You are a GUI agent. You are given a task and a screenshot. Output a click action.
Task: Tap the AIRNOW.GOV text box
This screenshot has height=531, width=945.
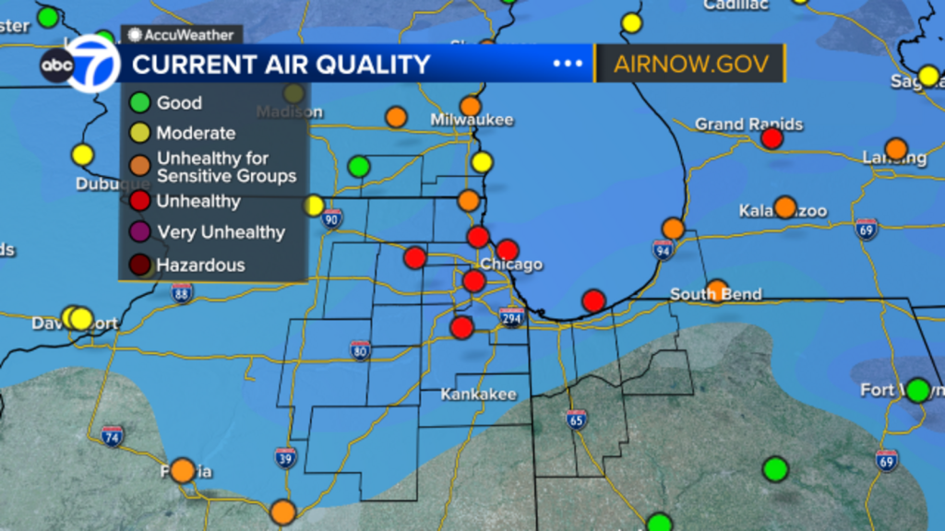click(x=690, y=65)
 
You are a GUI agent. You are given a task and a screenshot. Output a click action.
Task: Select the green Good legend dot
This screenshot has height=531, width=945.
click(x=139, y=103)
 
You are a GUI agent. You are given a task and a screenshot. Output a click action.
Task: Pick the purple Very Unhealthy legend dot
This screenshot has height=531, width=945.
click(x=139, y=232)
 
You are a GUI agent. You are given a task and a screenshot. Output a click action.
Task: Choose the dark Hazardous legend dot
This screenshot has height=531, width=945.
click(x=139, y=265)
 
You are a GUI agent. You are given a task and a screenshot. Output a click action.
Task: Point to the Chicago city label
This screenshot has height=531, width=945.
click(x=511, y=265)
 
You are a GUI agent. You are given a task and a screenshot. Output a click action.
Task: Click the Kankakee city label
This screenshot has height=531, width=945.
click(x=478, y=395)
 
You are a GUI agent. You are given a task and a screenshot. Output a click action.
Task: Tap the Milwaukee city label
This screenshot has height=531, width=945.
click(x=472, y=120)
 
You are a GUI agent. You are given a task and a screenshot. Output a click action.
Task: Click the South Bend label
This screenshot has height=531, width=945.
click(x=716, y=294)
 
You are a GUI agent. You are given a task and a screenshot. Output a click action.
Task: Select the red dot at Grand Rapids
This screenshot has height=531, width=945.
click(x=772, y=138)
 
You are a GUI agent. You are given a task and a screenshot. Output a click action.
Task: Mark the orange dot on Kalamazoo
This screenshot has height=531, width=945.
click(x=784, y=207)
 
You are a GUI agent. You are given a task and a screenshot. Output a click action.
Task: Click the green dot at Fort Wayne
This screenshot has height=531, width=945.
click(x=917, y=390)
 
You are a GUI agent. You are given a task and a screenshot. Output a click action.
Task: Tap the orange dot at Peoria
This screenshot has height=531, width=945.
click(x=183, y=470)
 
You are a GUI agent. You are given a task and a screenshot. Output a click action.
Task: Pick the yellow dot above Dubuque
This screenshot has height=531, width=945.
click(x=83, y=155)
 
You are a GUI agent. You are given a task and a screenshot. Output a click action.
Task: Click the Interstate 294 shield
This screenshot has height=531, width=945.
click(x=511, y=319)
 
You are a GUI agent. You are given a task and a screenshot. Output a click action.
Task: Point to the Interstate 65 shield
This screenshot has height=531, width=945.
click(x=576, y=419)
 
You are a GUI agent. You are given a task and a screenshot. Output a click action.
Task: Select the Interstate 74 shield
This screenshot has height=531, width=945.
click(x=113, y=436)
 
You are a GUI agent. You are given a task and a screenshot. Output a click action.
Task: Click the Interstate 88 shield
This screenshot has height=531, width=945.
click(x=182, y=292)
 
